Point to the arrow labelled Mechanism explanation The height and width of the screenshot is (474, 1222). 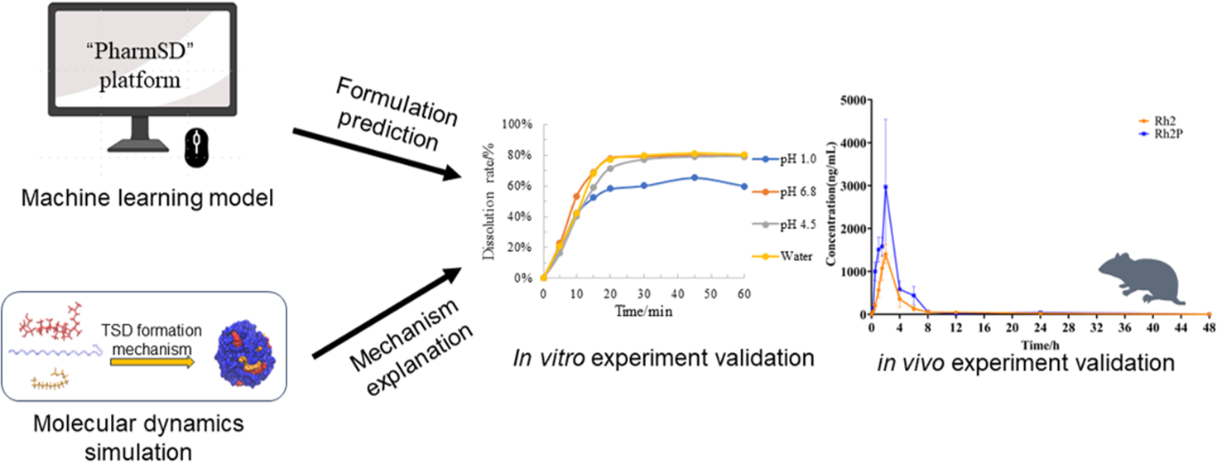[386, 314]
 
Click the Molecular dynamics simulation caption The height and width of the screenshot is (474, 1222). [138, 438]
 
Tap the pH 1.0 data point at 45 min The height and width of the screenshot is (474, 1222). [695, 177]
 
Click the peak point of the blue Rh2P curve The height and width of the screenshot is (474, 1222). [886, 187]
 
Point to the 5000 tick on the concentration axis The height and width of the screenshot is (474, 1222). [849, 99]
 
